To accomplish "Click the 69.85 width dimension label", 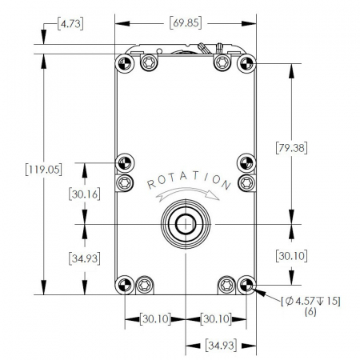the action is [x=186, y=23].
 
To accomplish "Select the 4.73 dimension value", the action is [x=70, y=24].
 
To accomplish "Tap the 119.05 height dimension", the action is [x=44, y=170].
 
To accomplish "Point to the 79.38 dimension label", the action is [x=291, y=147].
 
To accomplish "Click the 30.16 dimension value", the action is [x=85, y=194].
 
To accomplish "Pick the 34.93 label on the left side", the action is [x=85, y=258].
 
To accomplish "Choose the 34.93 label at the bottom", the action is [x=221, y=346].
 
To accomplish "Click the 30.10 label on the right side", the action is [x=291, y=256].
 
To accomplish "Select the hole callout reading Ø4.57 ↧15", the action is [x=310, y=302].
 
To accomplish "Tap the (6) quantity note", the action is [x=310, y=311].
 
